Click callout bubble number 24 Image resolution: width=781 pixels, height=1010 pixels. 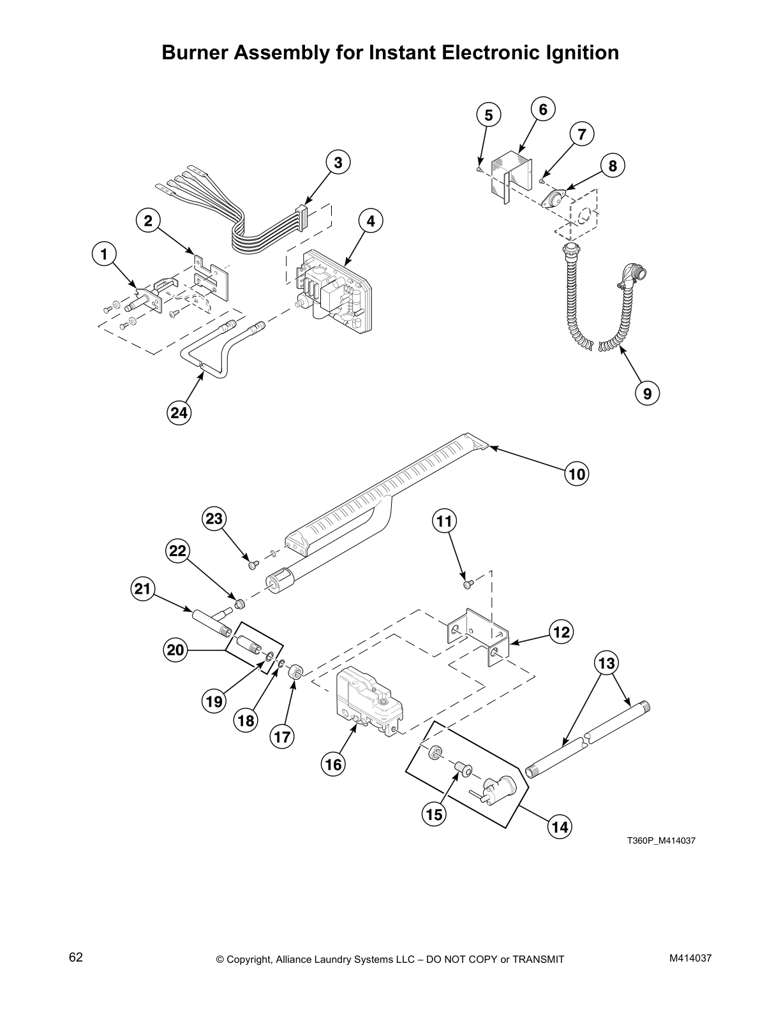(179, 413)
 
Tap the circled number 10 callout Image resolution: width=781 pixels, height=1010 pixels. (576, 474)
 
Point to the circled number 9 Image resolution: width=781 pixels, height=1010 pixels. (647, 393)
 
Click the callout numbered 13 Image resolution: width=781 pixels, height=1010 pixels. (606, 663)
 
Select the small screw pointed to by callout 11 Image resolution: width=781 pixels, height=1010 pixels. (466, 582)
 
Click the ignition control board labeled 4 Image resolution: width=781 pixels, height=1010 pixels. (332, 290)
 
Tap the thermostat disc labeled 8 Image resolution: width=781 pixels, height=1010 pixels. (553, 199)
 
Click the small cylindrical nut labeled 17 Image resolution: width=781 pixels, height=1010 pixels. (295, 671)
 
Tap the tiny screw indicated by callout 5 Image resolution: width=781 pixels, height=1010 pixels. (479, 170)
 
